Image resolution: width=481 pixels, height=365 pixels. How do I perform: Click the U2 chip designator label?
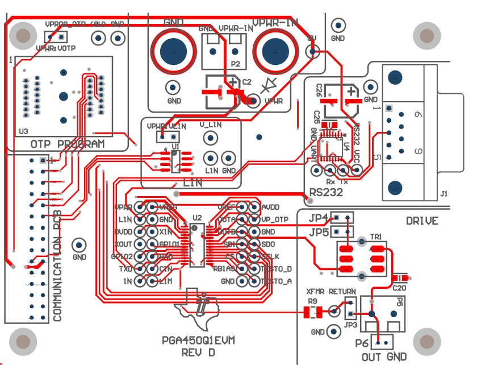click(196, 218)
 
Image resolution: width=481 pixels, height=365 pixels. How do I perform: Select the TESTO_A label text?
click(276, 281)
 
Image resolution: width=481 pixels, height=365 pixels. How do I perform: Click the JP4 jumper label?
click(319, 218)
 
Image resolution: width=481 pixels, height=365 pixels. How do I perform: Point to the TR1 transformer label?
click(377, 236)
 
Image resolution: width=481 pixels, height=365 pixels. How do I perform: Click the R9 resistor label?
click(312, 301)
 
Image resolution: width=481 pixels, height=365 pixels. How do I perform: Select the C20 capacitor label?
click(400, 287)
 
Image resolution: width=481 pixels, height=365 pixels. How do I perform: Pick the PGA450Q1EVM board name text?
click(198, 341)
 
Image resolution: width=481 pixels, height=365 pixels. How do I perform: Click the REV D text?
click(198, 352)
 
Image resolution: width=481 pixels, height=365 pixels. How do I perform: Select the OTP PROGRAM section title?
click(68, 144)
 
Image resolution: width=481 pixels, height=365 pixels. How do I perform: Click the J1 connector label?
click(444, 194)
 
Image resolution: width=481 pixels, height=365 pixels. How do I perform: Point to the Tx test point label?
click(344, 181)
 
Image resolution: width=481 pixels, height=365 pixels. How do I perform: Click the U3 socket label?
click(23, 131)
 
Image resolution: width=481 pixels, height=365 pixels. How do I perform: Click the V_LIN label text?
click(210, 125)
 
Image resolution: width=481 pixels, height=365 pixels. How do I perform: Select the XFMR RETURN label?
click(331, 292)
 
